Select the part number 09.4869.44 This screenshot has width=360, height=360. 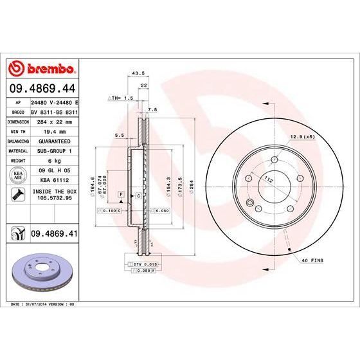pyautogui.click(x=44, y=89)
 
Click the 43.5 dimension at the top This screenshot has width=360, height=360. pyautogui.click(x=136, y=73)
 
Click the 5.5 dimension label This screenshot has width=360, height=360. pyautogui.click(x=119, y=136)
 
